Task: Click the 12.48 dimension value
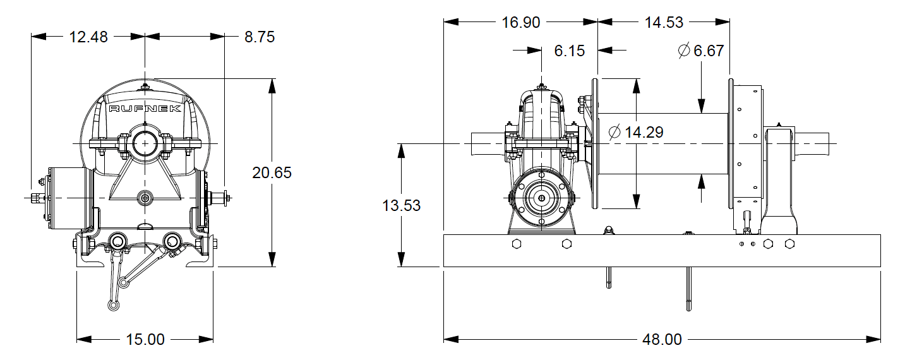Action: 88,37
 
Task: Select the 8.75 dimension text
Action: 259,37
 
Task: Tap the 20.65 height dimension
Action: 272,172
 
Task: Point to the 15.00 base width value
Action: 145,340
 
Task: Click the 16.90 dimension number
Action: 521,23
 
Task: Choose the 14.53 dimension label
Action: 664,23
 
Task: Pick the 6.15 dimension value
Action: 570,51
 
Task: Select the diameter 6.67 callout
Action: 701,51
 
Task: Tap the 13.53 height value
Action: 401,205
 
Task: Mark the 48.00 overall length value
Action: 662,340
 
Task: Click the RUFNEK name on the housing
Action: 145,109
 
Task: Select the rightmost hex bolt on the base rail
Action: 789,244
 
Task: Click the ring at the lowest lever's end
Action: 112,306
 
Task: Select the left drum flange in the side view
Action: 595,143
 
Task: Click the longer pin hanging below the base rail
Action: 688,289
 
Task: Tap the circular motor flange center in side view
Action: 541,198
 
